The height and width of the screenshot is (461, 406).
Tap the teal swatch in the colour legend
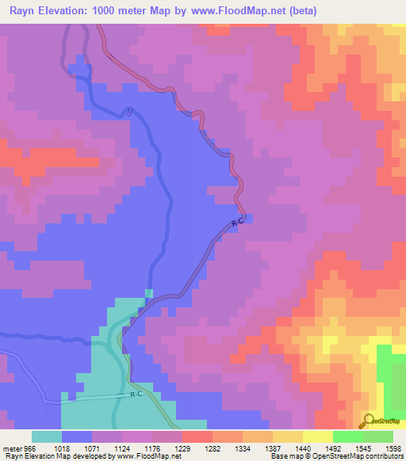click(47, 436)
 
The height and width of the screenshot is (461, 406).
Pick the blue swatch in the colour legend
click(77, 436)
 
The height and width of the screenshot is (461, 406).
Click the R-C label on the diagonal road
click(236, 224)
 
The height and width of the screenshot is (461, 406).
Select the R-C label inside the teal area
click(136, 394)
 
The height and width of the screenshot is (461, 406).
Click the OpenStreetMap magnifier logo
click(368, 421)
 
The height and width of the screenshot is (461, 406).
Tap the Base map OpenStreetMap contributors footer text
click(335, 455)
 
